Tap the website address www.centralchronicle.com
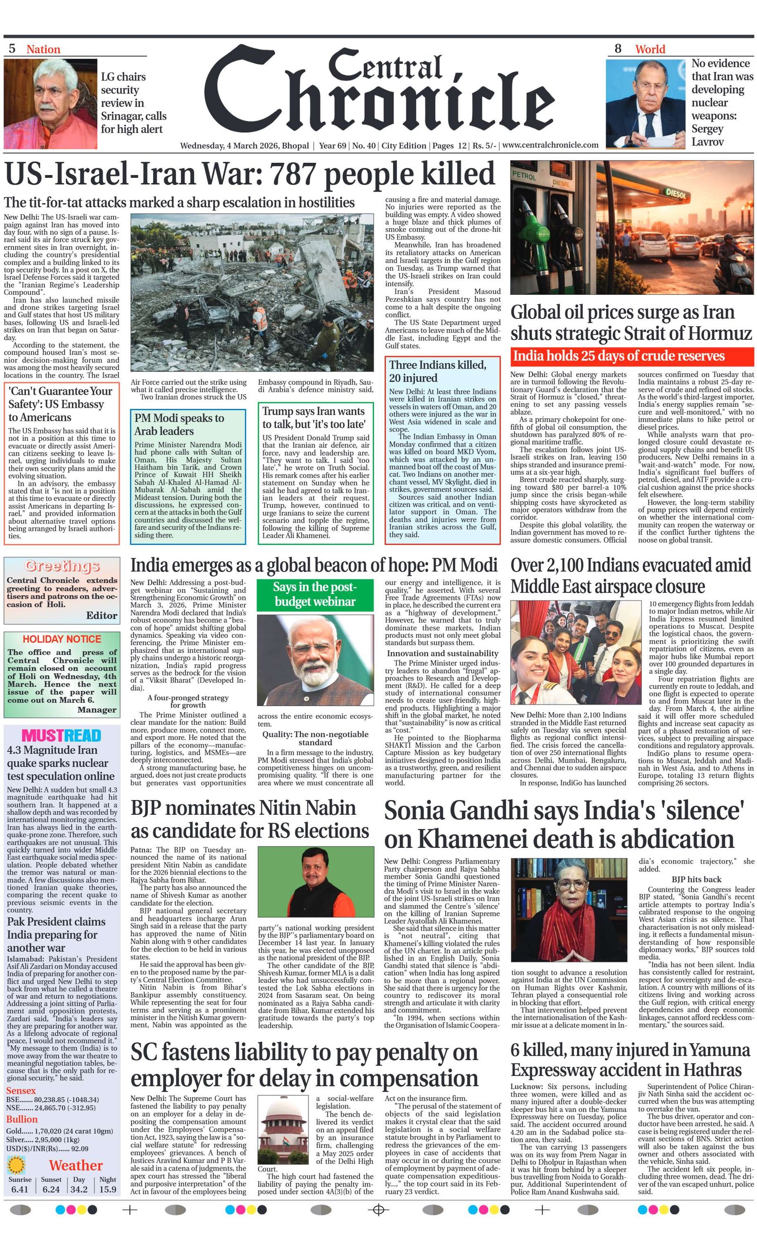point(550,145)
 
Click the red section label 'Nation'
point(43,49)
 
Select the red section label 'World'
point(650,49)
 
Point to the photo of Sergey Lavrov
point(645,104)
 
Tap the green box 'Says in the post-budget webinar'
point(315,594)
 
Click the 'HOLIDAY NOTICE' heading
point(62,639)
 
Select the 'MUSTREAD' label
point(62,735)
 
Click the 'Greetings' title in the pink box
point(62,565)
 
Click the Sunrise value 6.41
point(19,1189)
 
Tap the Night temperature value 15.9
point(107,1189)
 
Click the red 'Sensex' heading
point(21,1091)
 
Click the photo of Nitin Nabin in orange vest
point(315,881)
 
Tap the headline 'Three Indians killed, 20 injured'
point(437,371)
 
